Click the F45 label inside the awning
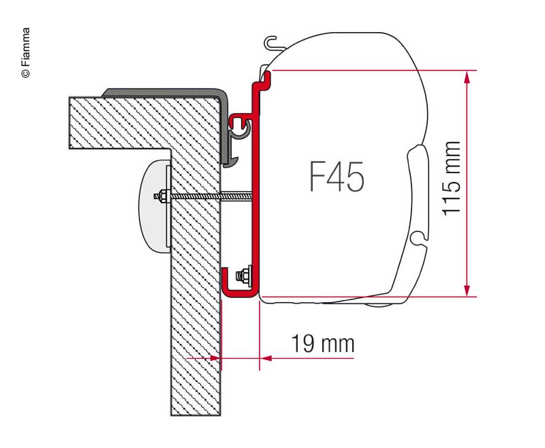coord(337,177)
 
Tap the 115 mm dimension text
coord(451,179)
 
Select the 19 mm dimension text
coord(322,344)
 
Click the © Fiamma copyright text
coord(26,53)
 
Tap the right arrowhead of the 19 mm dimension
coord(266,358)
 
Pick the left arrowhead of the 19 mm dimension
coord(215,358)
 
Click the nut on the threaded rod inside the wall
coord(163,196)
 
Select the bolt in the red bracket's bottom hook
coord(244,275)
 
